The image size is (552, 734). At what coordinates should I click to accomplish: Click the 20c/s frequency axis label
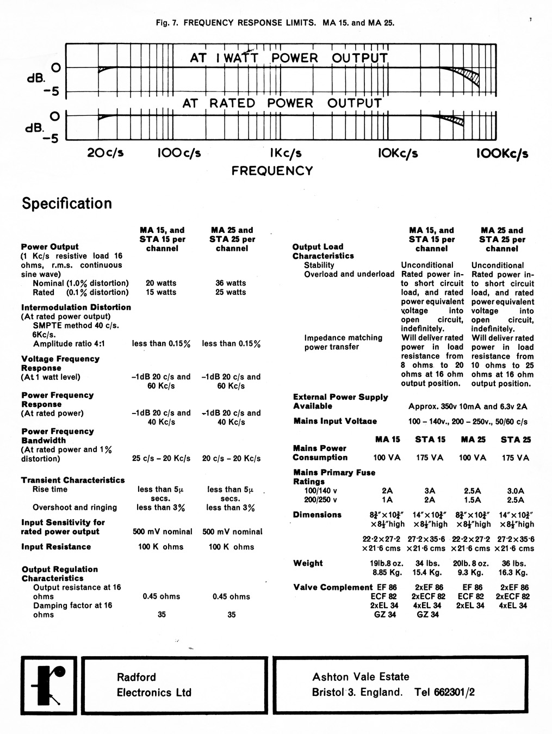pyautogui.click(x=106, y=153)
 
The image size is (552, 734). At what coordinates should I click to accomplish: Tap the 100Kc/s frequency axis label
pyautogui.click(x=501, y=153)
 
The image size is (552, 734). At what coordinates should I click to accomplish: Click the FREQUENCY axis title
pyautogui.click(x=272, y=171)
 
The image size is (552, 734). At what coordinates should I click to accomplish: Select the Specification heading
pyautogui.click(x=67, y=203)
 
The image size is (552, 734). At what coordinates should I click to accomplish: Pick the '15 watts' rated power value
pyautogui.click(x=161, y=292)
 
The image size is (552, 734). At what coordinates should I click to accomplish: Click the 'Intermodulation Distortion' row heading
pyautogui.click(x=76, y=307)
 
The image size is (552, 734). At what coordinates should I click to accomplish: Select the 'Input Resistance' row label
pyautogui.click(x=56, y=546)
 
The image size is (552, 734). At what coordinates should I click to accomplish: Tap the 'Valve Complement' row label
pyautogui.click(x=333, y=587)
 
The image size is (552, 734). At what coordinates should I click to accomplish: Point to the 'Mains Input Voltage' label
pyautogui.click(x=334, y=421)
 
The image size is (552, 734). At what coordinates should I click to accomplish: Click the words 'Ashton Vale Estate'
pyautogui.click(x=361, y=677)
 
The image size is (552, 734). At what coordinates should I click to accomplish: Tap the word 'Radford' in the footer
pyautogui.click(x=137, y=677)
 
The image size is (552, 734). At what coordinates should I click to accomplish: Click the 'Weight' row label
pyautogui.click(x=308, y=563)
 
